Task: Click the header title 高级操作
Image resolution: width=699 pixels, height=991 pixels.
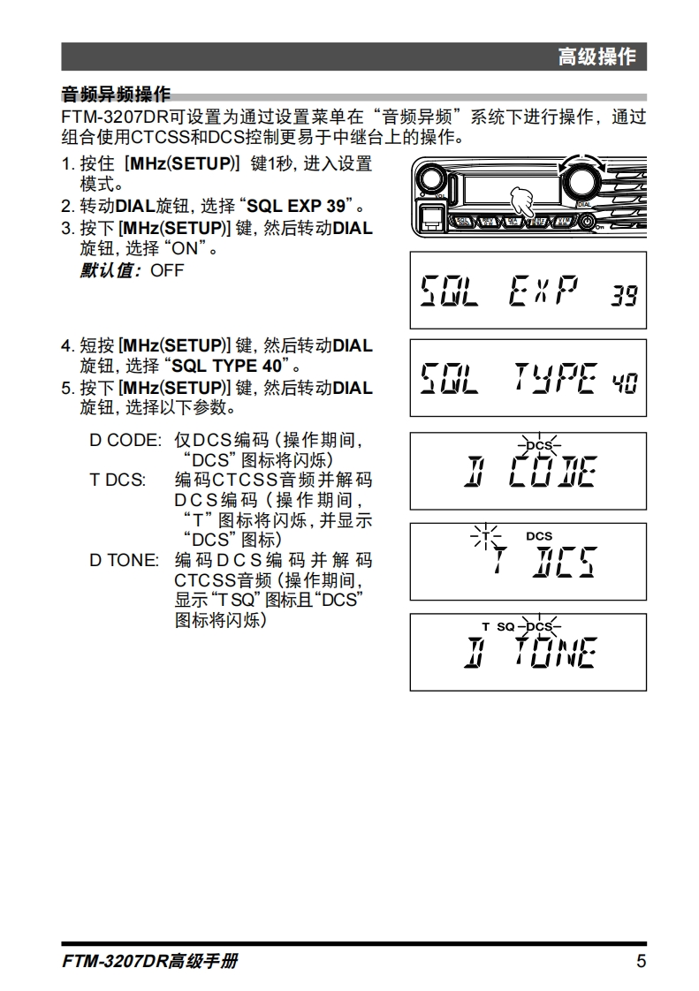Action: click(x=596, y=57)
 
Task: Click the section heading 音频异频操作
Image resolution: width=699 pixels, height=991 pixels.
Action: click(x=115, y=95)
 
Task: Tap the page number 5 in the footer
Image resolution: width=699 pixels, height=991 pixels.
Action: click(x=641, y=962)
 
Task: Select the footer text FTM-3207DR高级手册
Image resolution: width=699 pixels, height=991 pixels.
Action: click(x=150, y=962)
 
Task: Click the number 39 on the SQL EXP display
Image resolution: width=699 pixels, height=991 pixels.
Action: click(x=624, y=296)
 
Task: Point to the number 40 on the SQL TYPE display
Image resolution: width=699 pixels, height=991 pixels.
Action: click(x=624, y=382)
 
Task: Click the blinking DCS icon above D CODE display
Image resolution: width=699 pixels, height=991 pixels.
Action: click(x=538, y=445)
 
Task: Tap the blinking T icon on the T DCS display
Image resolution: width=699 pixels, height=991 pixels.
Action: click(x=485, y=536)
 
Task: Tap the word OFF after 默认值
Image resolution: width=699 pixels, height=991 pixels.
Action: click(x=167, y=270)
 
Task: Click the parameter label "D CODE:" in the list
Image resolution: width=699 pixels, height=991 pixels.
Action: click(x=125, y=440)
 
